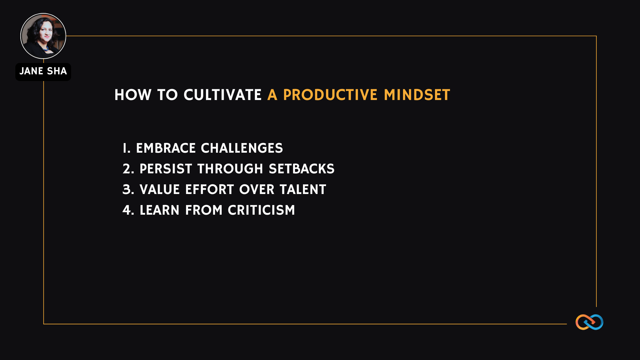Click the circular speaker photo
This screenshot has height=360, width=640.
click(x=43, y=36)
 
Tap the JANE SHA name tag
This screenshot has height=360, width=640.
click(x=43, y=72)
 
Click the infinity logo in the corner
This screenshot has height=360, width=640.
click(x=589, y=322)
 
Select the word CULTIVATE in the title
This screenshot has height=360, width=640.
click(x=223, y=95)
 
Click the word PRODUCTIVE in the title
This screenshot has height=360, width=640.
click(x=330, y=95)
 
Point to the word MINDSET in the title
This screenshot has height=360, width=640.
click(x=417, y=95)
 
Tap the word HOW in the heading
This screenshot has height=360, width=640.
click(x=133, y=95)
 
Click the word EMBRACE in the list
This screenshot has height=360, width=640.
click(x=166, y=148)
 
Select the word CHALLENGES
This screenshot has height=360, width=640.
click(x=242, y=148)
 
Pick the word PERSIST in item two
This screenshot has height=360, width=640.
click(x=166, y=169)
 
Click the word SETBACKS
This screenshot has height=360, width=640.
click(x=302, y=169)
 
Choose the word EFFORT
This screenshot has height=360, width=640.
click(x=210, y=190)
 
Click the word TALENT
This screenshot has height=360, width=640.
click(x=303, y=190)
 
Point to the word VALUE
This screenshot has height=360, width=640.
click(x=160, y=190)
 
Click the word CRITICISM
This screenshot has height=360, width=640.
click(x=261, y=210)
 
